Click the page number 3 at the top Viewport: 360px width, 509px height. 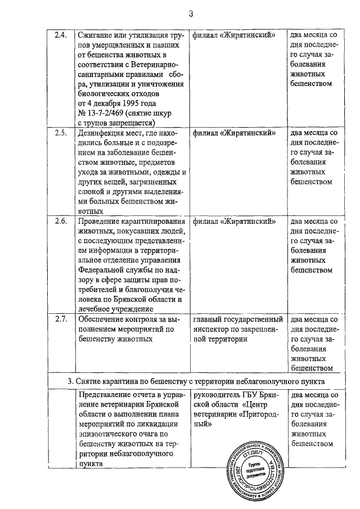click(x=191, y=13)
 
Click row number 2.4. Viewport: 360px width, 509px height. click(x=61, y=35)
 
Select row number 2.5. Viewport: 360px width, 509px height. click(x=61, y=133)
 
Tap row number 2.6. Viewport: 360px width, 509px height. click(x=61, y=221)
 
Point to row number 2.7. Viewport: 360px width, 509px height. click(x=61, y=319)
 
